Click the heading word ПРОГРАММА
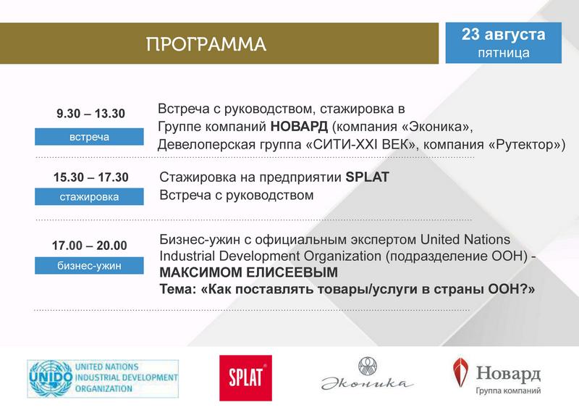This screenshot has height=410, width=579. [206, 44]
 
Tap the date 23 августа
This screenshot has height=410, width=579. [503, 34]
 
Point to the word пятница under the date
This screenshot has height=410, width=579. [504, 53]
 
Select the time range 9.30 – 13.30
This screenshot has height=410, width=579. [90, 114]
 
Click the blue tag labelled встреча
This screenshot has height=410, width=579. [89, 136]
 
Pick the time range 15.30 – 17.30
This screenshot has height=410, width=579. [91, 177]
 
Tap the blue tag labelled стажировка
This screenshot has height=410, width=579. [89, 196]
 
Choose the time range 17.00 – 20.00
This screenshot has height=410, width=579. [89, 246]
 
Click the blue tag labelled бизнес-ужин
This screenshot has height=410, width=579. [89, 265]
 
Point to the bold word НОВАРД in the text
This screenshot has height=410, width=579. [299, 127]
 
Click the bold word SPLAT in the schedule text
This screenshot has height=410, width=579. [368, 177]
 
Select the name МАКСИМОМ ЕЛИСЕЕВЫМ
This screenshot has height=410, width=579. [248, 272]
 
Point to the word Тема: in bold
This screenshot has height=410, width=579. [177, 289]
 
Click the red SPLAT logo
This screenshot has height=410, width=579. [245, 378]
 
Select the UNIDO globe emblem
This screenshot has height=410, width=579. [51, 378]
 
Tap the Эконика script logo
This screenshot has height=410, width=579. [368, 374]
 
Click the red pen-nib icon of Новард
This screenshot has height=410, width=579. [460, 372]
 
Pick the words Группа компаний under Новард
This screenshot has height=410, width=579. [508, 390]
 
